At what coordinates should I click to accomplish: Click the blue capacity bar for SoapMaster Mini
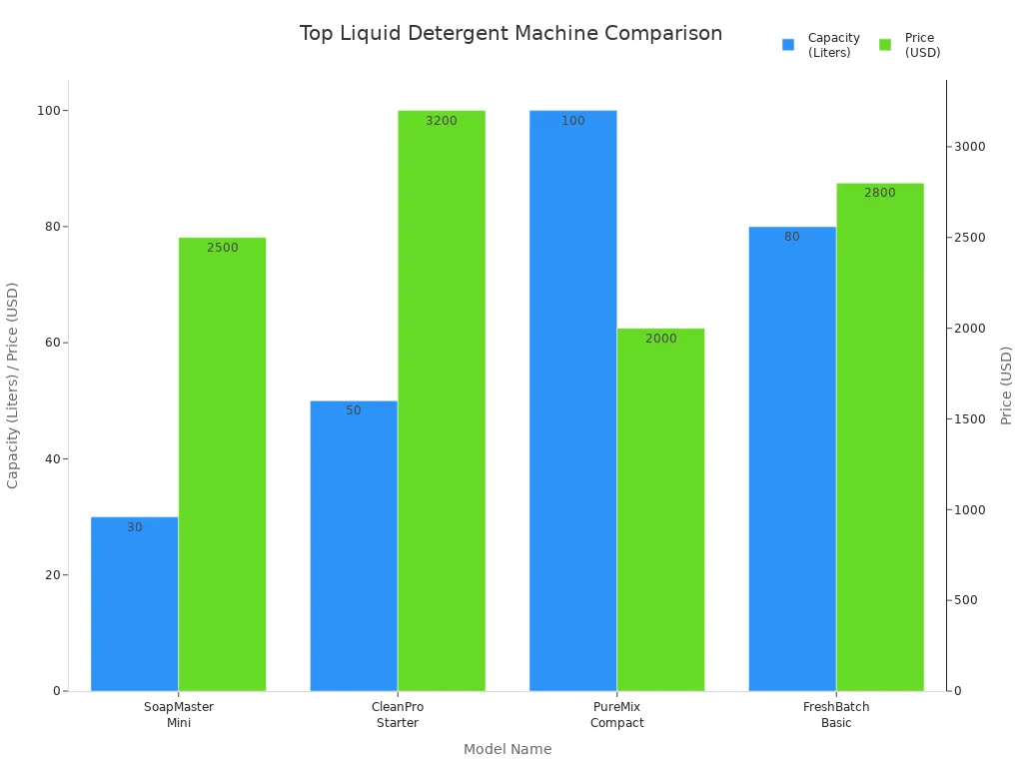(134, 604)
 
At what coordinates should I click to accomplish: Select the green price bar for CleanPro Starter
(441, 399)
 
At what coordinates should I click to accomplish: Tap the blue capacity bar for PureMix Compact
(572, 399)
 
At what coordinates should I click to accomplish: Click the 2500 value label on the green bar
(222, 248)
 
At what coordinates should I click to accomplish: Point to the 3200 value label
(441, 121)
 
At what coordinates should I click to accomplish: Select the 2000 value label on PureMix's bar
(660, 339)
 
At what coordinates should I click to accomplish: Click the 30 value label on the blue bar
(134, 527)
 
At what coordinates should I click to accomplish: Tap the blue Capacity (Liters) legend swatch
(788, 45)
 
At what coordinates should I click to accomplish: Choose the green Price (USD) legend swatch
(885, 45)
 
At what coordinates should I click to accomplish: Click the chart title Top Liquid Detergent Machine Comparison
(511, 34)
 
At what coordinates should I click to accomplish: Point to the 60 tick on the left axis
(49, 343)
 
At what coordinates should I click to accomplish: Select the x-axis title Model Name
(507, 749)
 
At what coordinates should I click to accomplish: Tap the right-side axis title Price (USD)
(1006, 385)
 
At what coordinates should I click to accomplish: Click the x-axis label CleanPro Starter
(397, 715)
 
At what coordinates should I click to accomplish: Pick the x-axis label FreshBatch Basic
(836, 715)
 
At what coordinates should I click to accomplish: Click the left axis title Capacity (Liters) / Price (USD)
(13, 385)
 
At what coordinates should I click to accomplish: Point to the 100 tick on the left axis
(46, 111)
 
